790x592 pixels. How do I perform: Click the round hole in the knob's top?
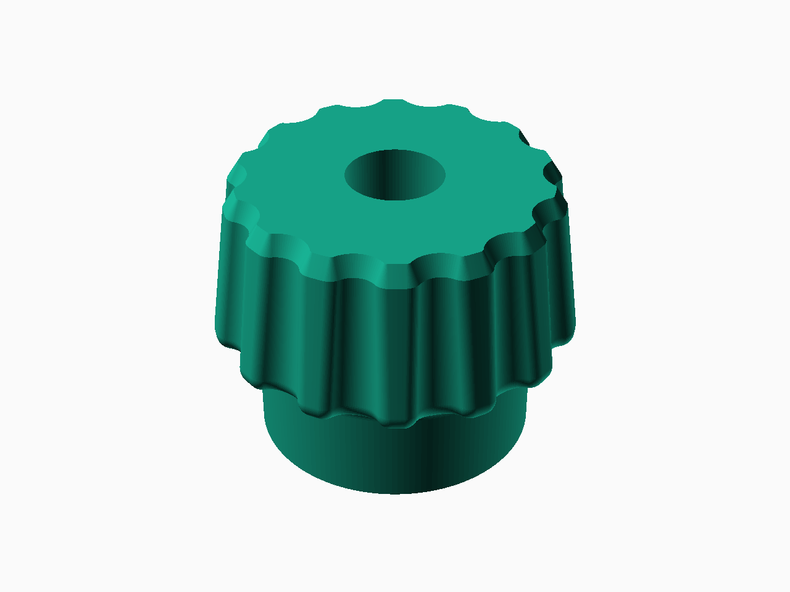(x=395, y=175)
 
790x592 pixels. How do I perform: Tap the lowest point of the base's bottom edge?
(x=395, y=493)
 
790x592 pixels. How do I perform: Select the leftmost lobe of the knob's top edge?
(x=235, y=179)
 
